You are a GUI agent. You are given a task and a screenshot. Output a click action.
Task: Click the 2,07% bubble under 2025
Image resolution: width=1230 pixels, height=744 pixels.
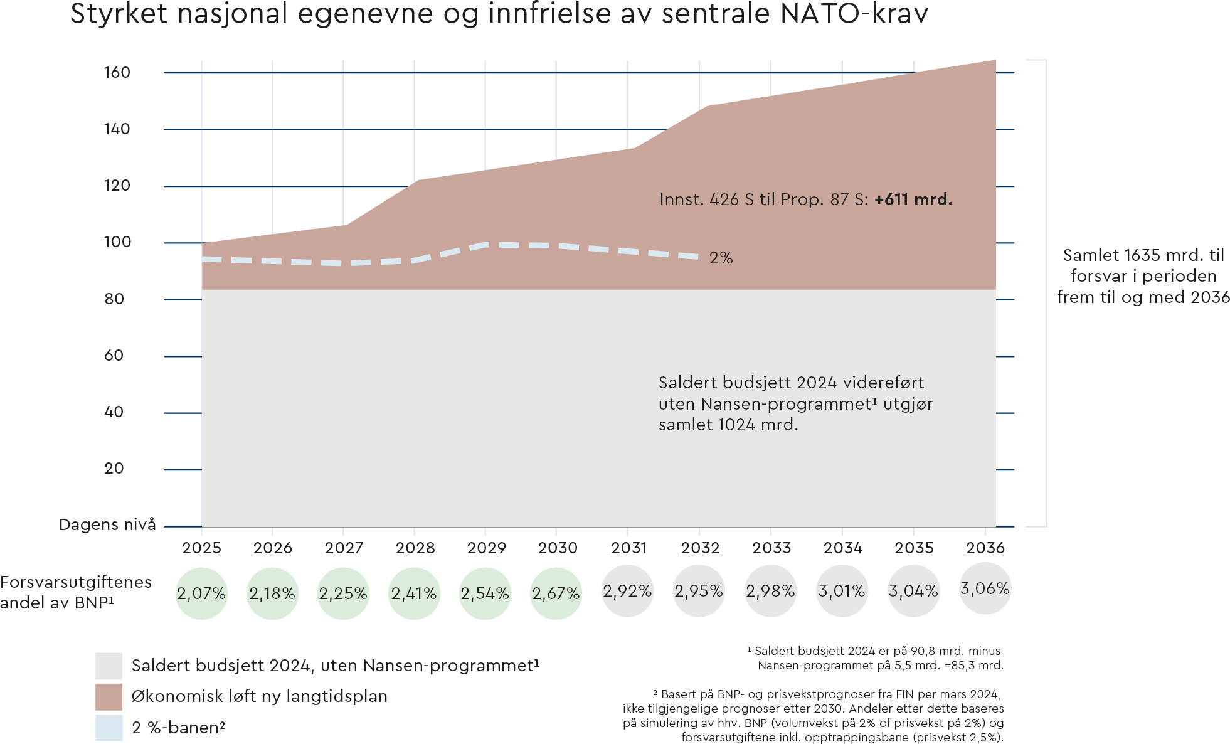[x=201, y=593]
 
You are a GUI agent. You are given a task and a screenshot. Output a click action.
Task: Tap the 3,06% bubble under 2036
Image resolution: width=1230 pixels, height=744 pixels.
[x=985, y=588]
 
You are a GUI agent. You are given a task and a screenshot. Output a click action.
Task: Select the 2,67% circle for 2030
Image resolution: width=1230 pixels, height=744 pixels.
[x=556, y=593]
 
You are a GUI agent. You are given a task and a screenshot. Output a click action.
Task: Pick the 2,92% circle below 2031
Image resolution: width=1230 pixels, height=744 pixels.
[x=627, y=591]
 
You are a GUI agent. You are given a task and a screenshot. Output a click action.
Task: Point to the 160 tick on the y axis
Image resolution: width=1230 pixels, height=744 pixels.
[x=117, y=73]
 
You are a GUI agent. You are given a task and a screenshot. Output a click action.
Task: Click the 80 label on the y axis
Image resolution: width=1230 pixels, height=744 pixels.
[x=114, y=299]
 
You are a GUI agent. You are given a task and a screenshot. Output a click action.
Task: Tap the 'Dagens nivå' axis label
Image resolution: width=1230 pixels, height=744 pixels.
[x=107, y=525]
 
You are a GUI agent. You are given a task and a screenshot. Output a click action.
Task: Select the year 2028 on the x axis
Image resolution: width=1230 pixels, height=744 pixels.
[x=415, y=548]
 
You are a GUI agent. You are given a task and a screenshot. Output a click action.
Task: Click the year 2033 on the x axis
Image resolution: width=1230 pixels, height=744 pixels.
[x=771, y=548]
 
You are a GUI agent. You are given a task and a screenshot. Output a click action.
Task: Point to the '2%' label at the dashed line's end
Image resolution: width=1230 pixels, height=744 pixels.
[x=721, y=258]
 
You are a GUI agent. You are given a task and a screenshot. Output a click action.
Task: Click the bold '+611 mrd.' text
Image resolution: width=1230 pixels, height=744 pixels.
[x=913, y=199]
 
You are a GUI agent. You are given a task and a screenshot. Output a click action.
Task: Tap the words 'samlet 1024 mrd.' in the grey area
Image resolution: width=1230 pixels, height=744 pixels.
[x=728, y=425]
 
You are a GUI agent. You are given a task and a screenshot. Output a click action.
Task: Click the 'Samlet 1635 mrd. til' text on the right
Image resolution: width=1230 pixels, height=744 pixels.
[x=1143, y=255]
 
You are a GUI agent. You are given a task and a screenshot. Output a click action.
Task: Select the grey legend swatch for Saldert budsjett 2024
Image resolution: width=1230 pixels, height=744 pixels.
[x=109, y=666]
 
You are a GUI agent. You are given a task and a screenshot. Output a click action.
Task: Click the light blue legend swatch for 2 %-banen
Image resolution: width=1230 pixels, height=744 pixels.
[x=109, y=728]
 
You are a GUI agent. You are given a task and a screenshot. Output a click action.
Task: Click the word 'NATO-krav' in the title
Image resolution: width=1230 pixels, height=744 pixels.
[x=854, y=14]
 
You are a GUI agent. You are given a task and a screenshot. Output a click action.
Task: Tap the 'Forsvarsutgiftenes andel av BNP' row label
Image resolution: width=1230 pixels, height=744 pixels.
[x=75, y=592]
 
